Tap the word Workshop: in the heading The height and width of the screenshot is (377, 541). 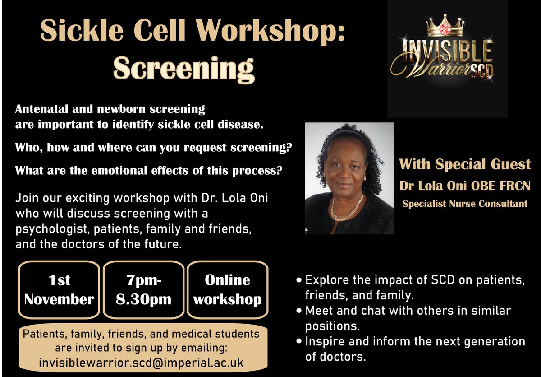coord(267,32)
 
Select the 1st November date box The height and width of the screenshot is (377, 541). coord(59,289)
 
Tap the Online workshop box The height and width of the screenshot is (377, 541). coord(227,289)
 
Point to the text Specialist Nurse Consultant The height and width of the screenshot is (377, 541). coord(464,204)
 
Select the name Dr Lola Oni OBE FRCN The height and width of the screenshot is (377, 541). coord(464,186)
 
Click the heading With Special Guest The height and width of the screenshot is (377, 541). coord(464,164)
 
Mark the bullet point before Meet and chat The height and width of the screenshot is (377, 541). coord(299,311)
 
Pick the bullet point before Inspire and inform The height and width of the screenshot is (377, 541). coord(299,341)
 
